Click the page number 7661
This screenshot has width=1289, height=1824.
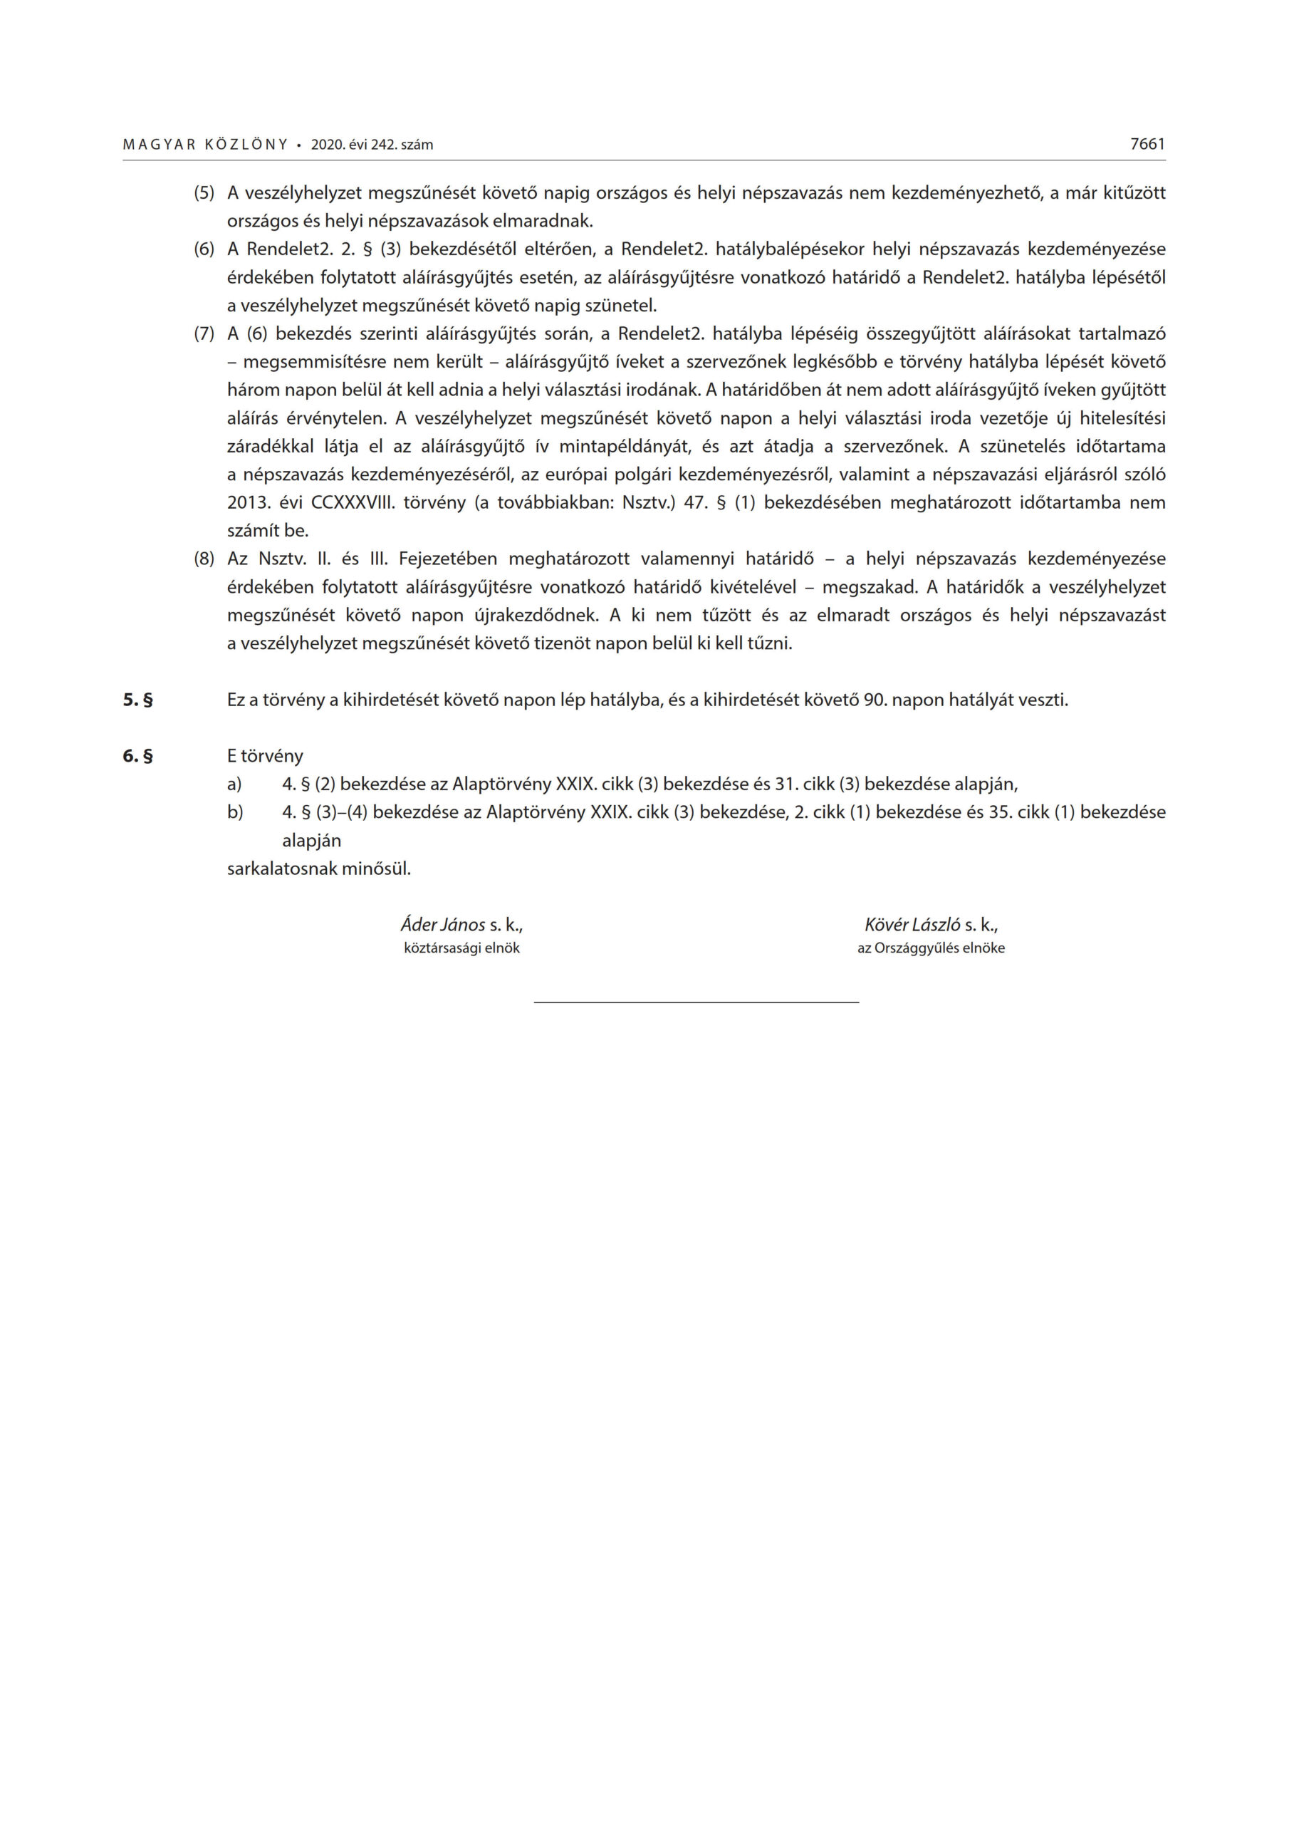point(1147,144)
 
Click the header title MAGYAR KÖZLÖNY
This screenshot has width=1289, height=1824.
point(205,145)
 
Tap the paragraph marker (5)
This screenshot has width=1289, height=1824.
point(204,193)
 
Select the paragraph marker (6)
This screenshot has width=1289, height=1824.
point(204,249)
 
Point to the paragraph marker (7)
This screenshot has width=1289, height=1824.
point(204,333)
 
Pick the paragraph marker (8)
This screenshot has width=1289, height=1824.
point(204,559)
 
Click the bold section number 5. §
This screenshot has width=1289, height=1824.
point(137,700)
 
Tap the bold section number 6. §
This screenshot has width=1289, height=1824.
point(137,756)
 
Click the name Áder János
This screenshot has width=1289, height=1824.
point(442,925)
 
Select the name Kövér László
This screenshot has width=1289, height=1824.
point(912,925)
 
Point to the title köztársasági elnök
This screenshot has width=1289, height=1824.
point(461,948)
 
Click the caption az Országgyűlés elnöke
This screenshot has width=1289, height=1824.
point(931,948)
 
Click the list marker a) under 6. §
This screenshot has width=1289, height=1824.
point(234,785)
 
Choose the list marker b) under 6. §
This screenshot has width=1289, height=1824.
point(235,813)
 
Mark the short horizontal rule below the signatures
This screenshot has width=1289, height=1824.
point(696,1002)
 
